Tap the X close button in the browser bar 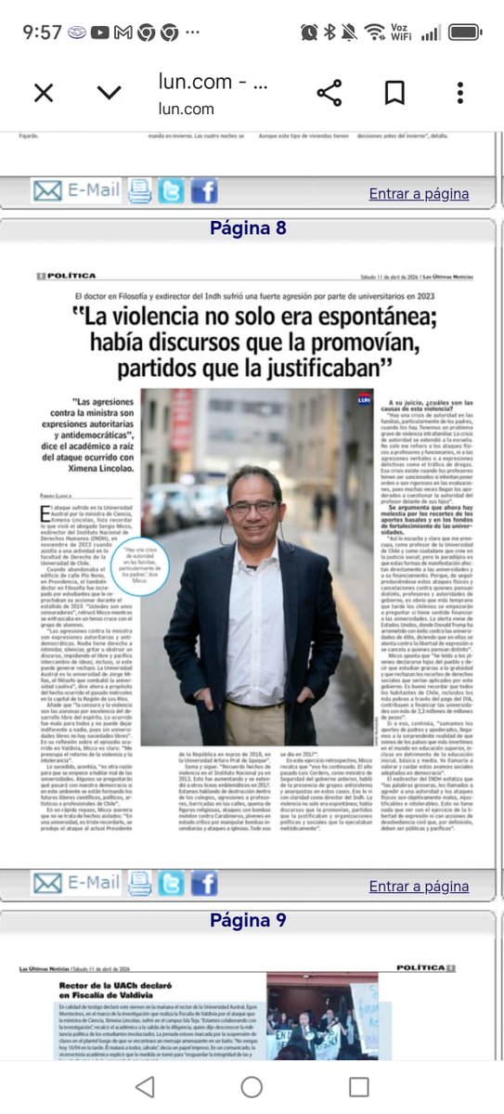[43, 93]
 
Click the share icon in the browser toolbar [330, 93]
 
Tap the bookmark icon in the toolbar [395, 93]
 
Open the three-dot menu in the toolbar [460, 93]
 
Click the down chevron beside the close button [109, 93]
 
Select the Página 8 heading [249, 228]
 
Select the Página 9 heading [249, 921]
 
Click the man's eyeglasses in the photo [253, 507]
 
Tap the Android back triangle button [145, 1087]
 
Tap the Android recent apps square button [359, 1087]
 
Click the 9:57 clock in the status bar [42, 32]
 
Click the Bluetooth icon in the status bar [331, 32]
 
